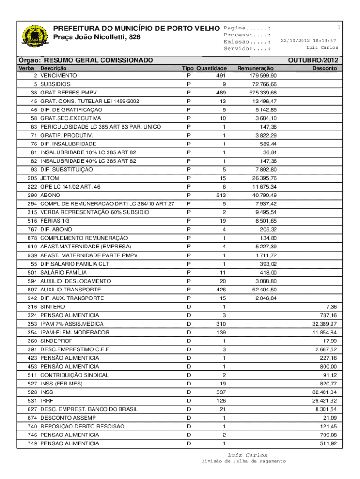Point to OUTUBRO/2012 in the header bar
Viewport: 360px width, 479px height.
[313, 61]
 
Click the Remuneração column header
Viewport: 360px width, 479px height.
[255, 68]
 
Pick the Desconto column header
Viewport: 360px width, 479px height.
[324, 68]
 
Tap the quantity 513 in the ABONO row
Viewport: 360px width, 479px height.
[222, 195]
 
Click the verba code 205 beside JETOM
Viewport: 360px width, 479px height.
[32, 178]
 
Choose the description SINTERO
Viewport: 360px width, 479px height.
[52, 306]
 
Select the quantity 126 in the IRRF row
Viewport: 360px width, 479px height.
[222, 400]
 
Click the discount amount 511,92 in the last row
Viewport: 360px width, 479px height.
[327, 443]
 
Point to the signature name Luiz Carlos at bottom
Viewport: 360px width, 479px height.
[247, 455]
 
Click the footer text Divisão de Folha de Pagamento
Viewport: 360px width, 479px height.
[244, 462]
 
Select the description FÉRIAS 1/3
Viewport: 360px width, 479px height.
[54, 221]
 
